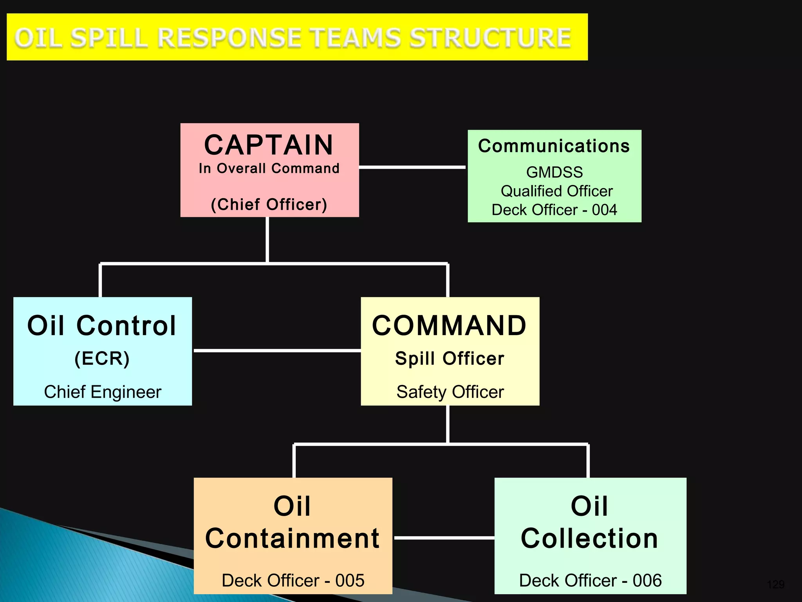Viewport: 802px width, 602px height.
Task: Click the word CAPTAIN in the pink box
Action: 269,145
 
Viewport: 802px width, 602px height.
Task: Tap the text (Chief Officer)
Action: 269,205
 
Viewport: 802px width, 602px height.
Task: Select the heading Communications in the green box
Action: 554,146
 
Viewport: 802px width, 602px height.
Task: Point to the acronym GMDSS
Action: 554,172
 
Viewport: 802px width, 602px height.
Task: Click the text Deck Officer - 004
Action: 554,210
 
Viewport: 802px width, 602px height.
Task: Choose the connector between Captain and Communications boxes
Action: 412,167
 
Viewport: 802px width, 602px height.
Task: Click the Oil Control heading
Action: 102,326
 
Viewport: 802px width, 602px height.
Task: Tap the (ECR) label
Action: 102,358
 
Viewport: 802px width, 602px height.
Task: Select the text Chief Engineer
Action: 103,392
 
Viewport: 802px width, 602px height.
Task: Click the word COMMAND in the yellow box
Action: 449,326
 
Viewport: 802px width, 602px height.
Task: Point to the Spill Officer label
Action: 450,359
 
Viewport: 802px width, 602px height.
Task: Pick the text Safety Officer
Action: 450,392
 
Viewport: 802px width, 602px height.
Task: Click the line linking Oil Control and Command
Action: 277,351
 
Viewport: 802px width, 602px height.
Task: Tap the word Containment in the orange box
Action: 292,539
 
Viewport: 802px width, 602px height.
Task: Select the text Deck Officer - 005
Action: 293,580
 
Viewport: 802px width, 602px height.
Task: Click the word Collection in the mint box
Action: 589,539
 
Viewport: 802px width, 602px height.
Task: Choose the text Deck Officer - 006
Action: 590,580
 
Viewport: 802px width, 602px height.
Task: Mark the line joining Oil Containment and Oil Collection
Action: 444,538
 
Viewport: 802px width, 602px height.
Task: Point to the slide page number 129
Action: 775,585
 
